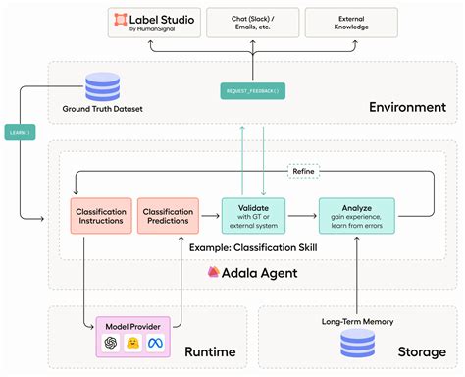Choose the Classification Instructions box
pos(101,215)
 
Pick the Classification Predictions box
pos(169,215)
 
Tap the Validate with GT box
pos(253,215)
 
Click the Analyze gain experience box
pos(356,215)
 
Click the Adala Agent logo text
pos(242,273)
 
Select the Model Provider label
pos(134,323)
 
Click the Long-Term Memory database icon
pos(356,345)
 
